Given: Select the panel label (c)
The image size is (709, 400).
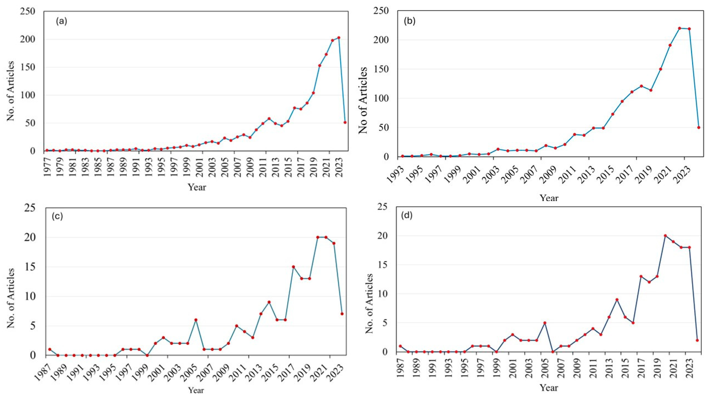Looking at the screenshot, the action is click(x=57, y=216).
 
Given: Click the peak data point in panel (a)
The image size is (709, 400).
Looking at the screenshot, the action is click(x=339, y=38).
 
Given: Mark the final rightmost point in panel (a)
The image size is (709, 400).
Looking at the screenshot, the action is click(x=345, y=122).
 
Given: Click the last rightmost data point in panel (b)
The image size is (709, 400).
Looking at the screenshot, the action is click(x=699, y=127).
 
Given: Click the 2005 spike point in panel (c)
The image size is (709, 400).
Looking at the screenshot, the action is click(x=196, y=320).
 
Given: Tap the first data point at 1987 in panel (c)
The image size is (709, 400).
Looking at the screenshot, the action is click(x=50, y=349).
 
